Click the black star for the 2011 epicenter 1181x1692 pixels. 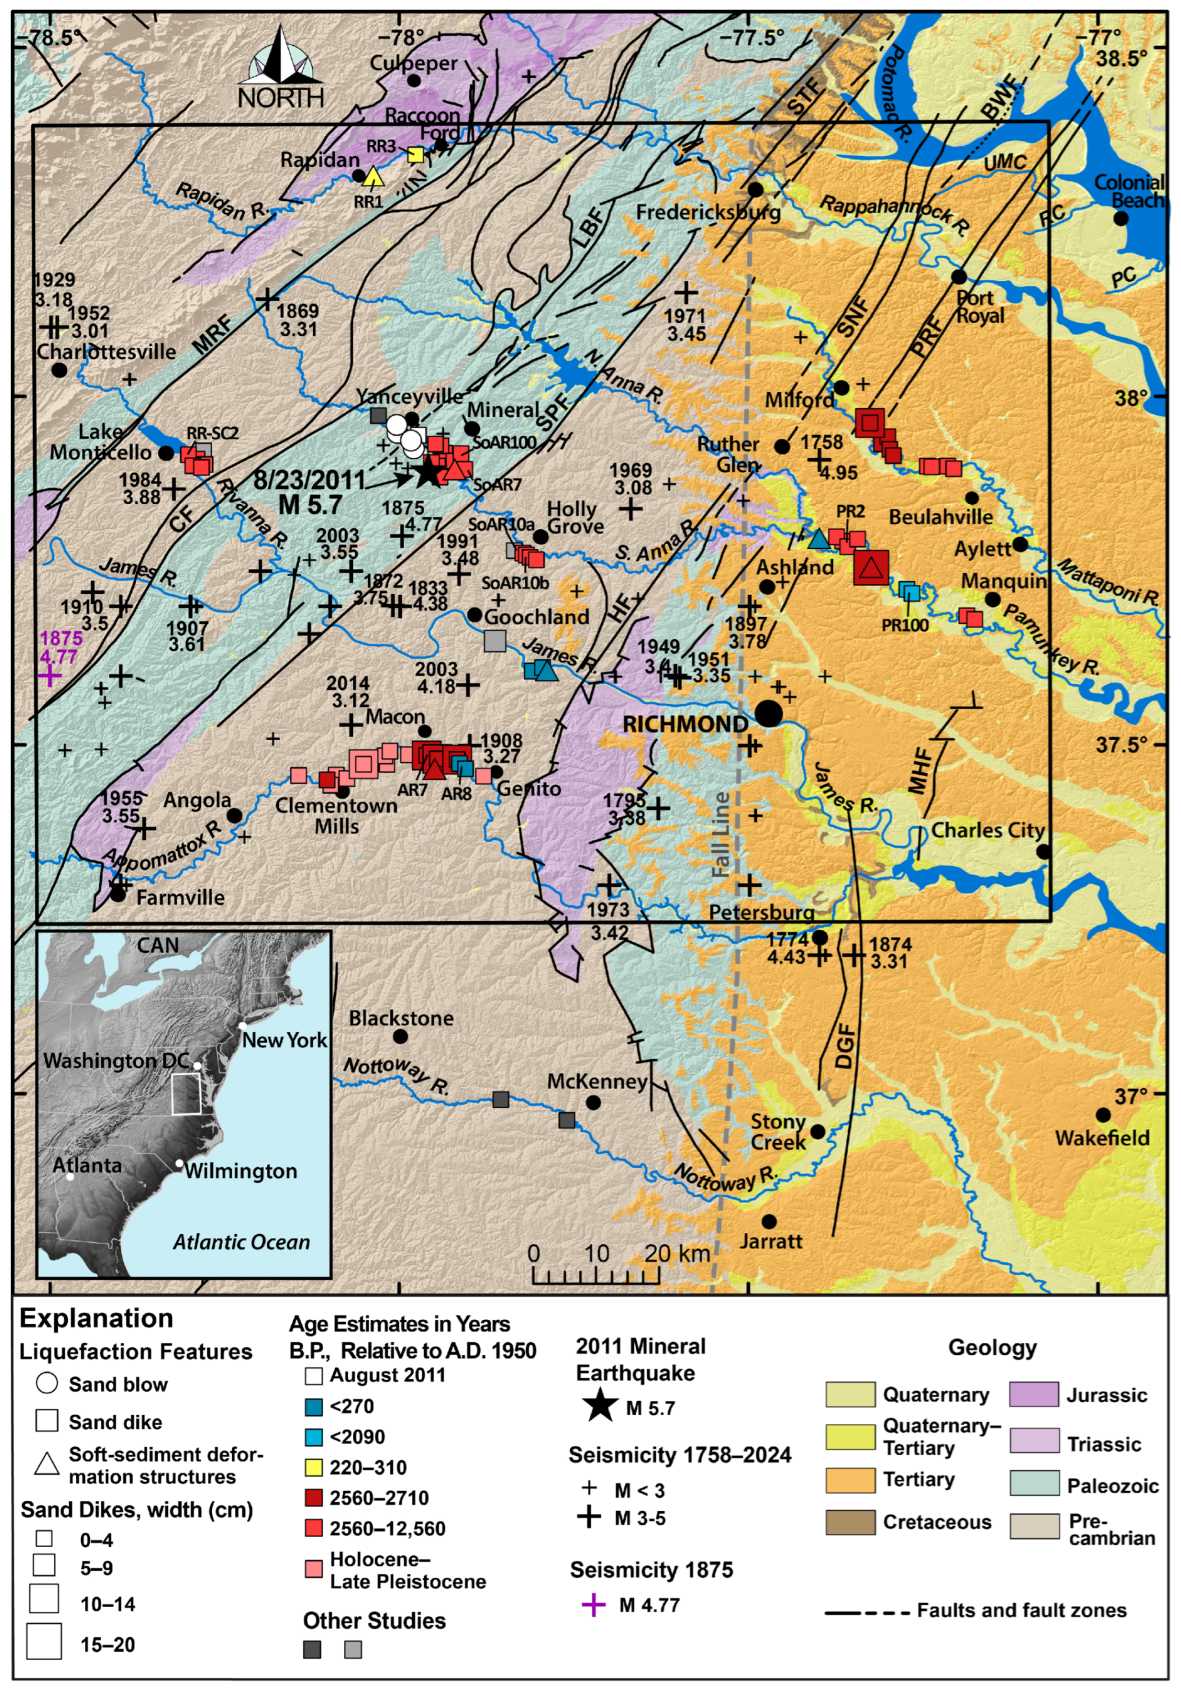(x=428, y=472)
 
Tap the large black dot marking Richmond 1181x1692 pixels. (x=769, y=713)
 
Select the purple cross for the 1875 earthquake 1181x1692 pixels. (x=49, y=675)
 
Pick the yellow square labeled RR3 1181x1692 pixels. (x=416, y=155)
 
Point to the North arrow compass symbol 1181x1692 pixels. (x=280, y=67)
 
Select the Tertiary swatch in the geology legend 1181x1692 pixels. (x=850, y=1478)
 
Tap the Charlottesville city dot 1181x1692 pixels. (x=59, y=369)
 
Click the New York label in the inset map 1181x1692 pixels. (x=285, y=1040)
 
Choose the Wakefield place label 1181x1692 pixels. (x=1101, y=1137)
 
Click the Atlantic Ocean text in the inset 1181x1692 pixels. (x=241, y=1241)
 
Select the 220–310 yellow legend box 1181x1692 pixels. (x=313, y=1466)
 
